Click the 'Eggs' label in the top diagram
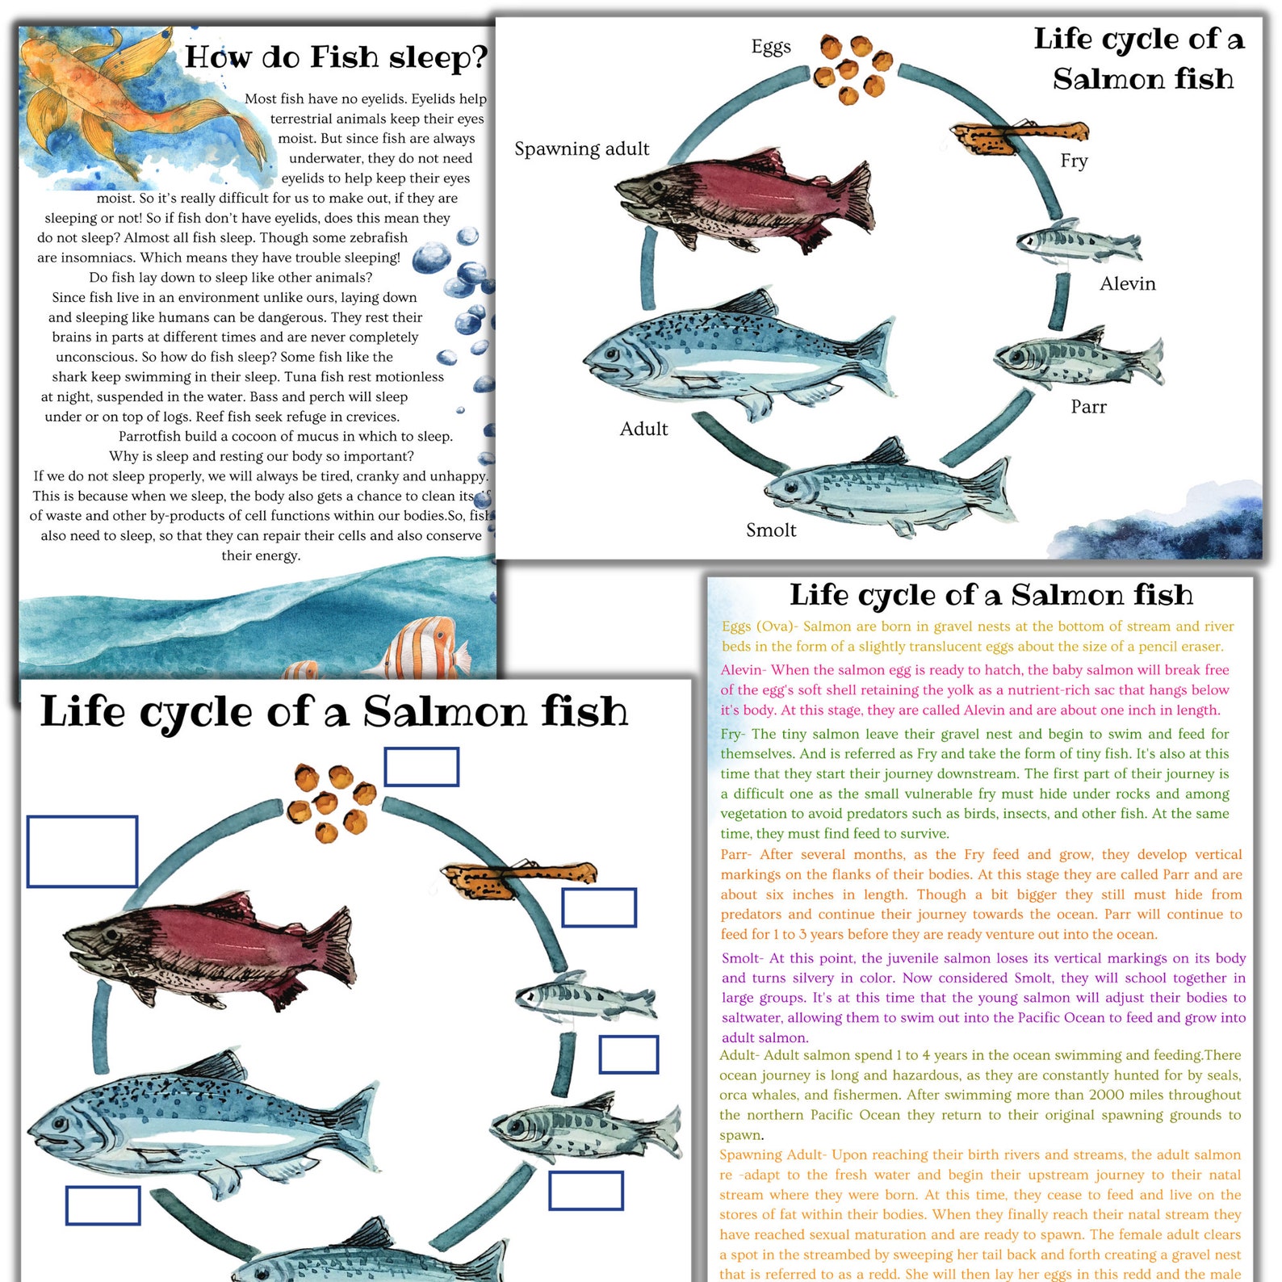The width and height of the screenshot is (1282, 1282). click(x=771, y=48)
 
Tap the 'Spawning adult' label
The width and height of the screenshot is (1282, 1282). click(x=581, y=149)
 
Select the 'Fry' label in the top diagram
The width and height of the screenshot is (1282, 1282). click(x=1074, y=161)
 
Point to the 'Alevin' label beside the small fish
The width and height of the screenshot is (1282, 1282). click(x=1127, y=284)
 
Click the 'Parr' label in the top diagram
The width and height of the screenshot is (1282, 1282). click(x=1088, y=407)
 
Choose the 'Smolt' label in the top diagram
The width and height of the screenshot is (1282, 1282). click(x=770, y=530)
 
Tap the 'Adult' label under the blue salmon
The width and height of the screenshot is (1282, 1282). click(x=643, y=429)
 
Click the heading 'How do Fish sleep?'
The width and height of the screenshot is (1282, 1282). click(x=336, y=58)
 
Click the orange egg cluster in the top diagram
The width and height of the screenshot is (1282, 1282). click(x=852, y=69)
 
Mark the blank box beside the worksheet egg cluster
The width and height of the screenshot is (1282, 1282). click(x=421, y=767)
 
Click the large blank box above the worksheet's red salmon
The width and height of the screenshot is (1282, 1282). click(x=82, y=852)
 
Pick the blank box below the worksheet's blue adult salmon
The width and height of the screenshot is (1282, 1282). click(x=103, y=1205)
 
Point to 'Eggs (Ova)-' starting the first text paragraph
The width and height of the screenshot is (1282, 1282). click(x=760, y=626)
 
